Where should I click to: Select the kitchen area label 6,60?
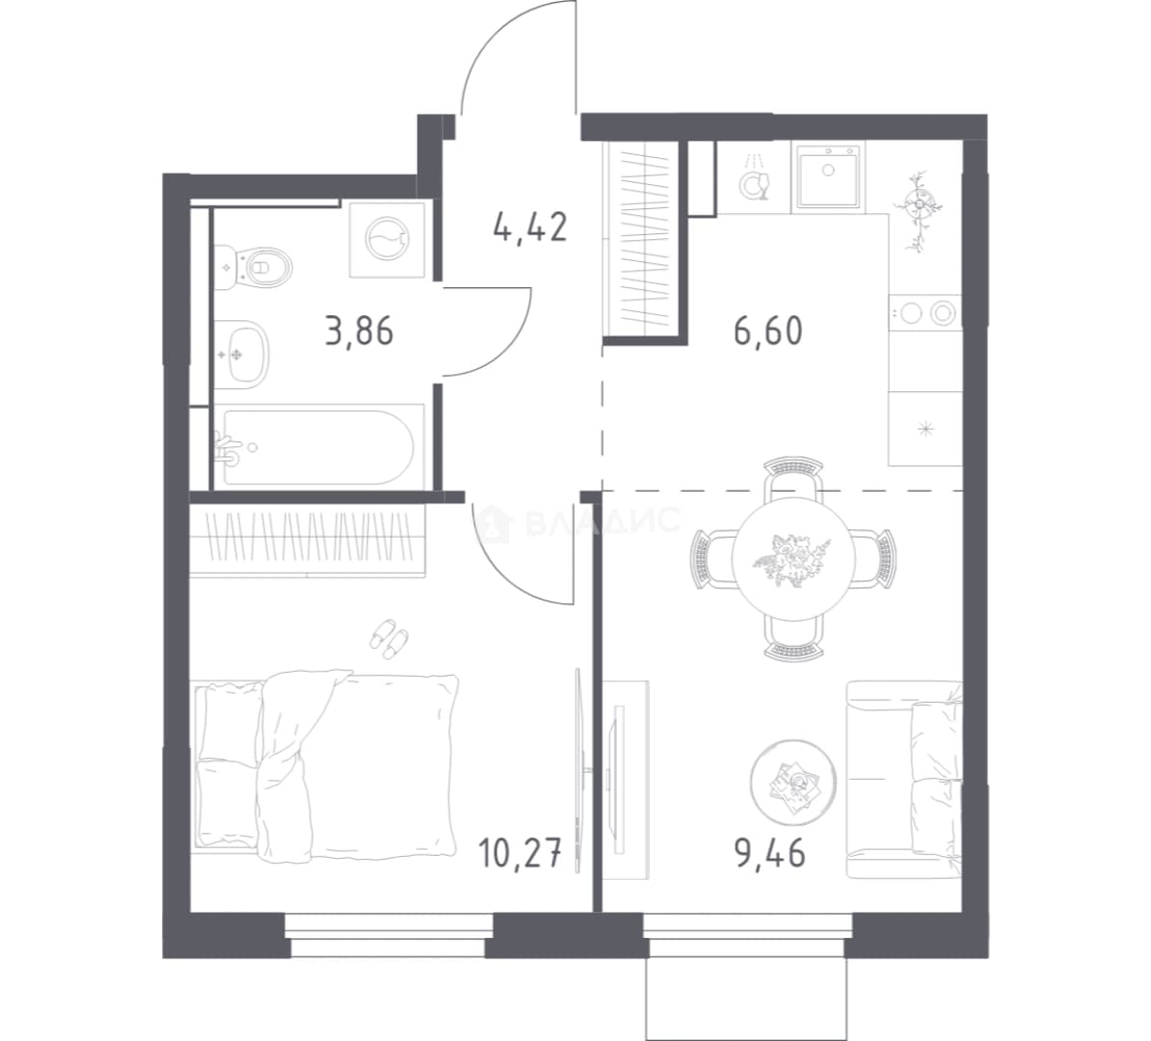click(x=768, y=331)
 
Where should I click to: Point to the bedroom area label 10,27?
click(x=521, y=855)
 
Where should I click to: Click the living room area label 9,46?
click(x=770, y=855)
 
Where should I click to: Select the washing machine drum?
click(x=388, y=239)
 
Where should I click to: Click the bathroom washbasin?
click(x=242, y=354)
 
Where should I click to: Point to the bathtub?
click(x=318, y=447)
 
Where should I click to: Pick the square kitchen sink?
click(x=828, y=176)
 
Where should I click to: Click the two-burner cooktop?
click(x=924, y=313)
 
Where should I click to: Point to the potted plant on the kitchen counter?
click(x=919, y=209)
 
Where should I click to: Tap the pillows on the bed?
click(x=229, y=763)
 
